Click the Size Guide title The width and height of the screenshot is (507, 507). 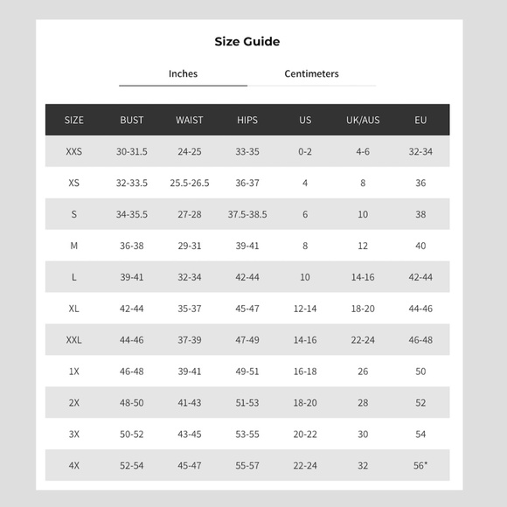tap(247, 41)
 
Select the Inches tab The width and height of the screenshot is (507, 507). tap(183, 73)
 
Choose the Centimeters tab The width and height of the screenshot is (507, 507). tap(311, 73)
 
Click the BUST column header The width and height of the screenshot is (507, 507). tap(132, 120)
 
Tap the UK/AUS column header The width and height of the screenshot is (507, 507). tap(363, 120)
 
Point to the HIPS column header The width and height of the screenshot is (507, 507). tap(247, 120)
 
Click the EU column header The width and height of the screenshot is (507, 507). tap(420, 120)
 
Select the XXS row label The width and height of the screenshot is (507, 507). tap(74, 151)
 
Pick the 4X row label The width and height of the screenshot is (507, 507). tap(74, 466)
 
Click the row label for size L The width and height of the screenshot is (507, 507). tap(74, 277)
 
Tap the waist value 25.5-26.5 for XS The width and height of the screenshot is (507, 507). tap(190, 183)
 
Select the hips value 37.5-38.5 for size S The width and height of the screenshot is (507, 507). tap(247, 214)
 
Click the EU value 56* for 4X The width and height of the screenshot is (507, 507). tap(420, 465)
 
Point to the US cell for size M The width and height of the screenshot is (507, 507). tap(305, 246)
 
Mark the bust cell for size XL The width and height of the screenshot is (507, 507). tap(132, 309)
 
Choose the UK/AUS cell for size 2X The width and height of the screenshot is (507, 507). tap(363, 403)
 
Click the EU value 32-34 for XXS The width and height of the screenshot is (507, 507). tap(420, 151)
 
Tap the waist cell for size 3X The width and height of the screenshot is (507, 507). tap(190, 434)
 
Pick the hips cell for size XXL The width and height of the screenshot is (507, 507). tap(247, 340)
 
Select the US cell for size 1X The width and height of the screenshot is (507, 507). tap(305, 372)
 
